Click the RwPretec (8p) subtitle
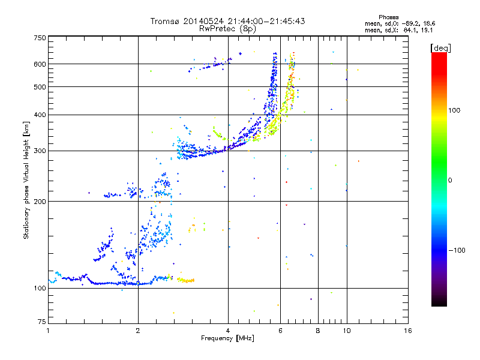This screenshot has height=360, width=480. tap(227, 29)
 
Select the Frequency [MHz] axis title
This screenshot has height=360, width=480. tap(227, 338)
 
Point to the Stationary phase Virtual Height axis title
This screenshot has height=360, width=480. tap(26, 181)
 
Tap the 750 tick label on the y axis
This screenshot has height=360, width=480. tap(40, 38)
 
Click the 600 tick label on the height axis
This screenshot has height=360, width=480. tap(40, 64)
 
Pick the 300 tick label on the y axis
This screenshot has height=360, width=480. tap(40, 151)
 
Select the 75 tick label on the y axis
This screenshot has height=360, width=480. tap(41, 322)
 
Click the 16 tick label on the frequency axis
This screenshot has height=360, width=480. tap(408, 331)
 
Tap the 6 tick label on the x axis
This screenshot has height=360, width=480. tap(280, 331)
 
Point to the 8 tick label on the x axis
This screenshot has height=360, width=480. tap(318, 331)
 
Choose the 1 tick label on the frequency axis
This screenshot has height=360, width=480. tap(48, 331)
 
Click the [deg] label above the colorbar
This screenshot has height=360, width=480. tap(440, 49)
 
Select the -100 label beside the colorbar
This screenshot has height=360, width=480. tap(457, 250)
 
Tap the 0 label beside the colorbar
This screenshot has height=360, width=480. tap(450, 181)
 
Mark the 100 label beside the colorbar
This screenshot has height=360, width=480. tap(454, 110)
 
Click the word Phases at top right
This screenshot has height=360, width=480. tap(388, 17)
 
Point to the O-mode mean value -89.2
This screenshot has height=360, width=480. tap(411, 23)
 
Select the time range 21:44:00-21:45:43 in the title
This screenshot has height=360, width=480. tap(266, 21)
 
